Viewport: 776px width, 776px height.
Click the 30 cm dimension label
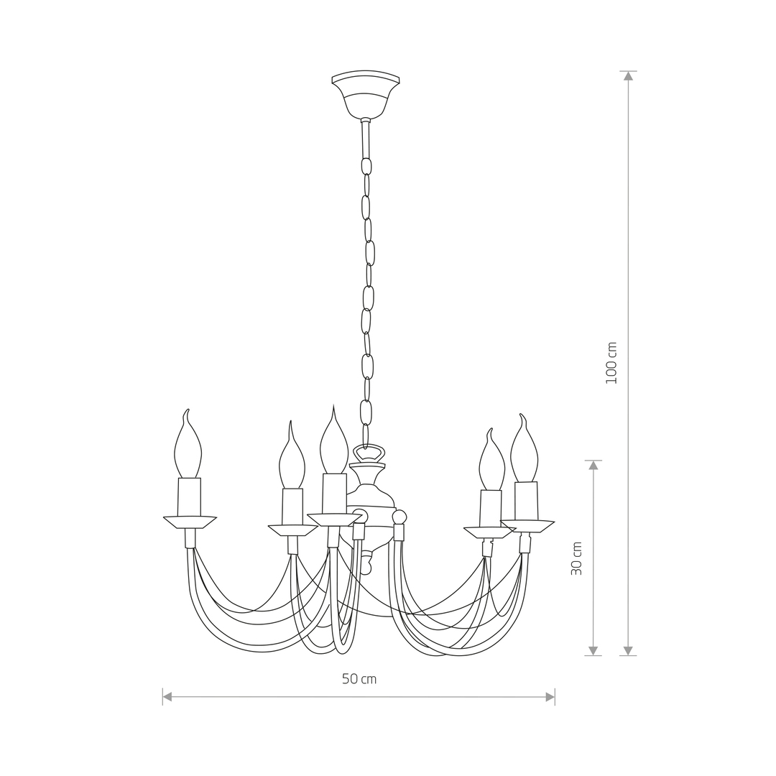[576, 558]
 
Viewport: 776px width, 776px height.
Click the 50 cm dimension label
[359, 679]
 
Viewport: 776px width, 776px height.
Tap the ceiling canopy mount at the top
[365, 94]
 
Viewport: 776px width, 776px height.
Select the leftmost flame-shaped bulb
[188, 443]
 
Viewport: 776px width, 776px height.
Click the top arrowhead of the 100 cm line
[628, 75]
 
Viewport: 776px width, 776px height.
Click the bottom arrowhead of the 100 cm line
[628, 651]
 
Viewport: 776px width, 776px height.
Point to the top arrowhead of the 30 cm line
[593, 465]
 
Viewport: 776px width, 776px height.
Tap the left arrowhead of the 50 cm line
[167, 697]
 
